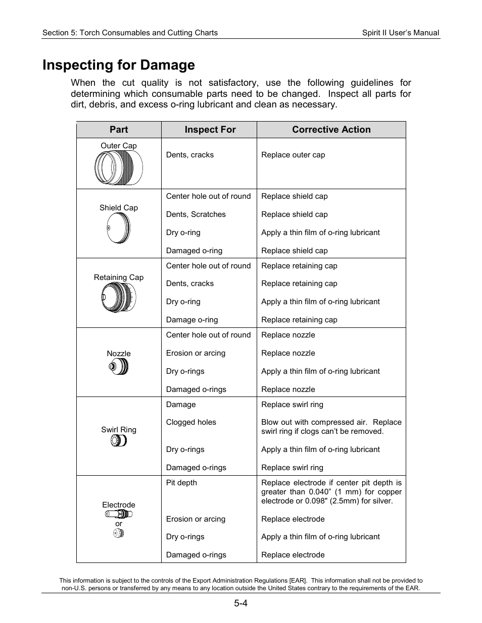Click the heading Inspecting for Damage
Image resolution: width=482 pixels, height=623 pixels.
pyautogui.click(x=119, y=65)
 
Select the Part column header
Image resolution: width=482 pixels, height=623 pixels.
pyautogui.click(x=119, y=130)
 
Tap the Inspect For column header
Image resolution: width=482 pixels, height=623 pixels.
pyautogui.click(x=210, y=130)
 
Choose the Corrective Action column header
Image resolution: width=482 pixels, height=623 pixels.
pyautogui.click(x=331, y=130)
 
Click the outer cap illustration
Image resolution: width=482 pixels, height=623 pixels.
pyautogui.click(x=119, y=168)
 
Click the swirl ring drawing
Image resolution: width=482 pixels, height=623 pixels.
pyautogui.click(x=119, y=441)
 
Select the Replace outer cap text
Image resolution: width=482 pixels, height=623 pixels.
pyautogui.click(x=293, y=155)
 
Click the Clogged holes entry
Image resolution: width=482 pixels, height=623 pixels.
pyautogui.click(x=191, y=422)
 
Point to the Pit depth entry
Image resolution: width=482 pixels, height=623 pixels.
pyautogui.click(x=181, y=483)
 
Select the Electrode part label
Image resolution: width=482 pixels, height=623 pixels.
pyautogui.click(x=119, y=505)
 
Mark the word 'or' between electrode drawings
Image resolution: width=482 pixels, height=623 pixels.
pyautogui.click(x=119, y=524)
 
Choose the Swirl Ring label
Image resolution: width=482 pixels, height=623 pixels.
pyautogui.click(x=119, y=430)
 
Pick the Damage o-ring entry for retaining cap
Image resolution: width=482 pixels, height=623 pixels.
pyautogui.click(x=192, y=320)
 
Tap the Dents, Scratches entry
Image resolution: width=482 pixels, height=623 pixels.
pyautogui.click(x=196, y=214)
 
